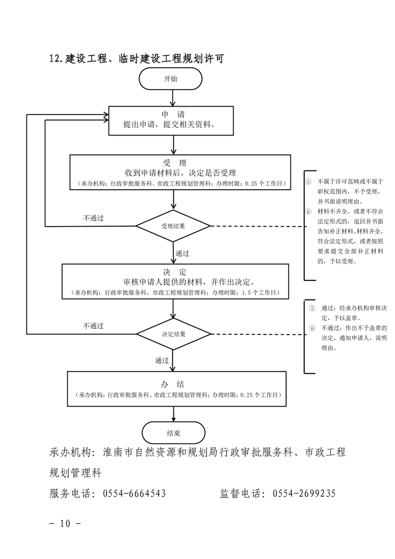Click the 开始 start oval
click(171, 79)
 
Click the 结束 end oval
click(173, 432)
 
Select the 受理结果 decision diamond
click(173, 226)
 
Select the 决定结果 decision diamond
click(173, 334)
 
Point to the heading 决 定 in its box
click(174, 272)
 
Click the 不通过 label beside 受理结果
click(94, 218)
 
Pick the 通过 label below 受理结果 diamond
click(182, 254)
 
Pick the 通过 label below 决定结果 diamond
click(162, 360)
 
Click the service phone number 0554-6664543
click(134, 494)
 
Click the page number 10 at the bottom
click(66, 524)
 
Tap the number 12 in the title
click(55, 59)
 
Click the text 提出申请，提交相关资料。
click(172, 125)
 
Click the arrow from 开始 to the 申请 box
click(172, 98)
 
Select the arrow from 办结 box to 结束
click(173, 413)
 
